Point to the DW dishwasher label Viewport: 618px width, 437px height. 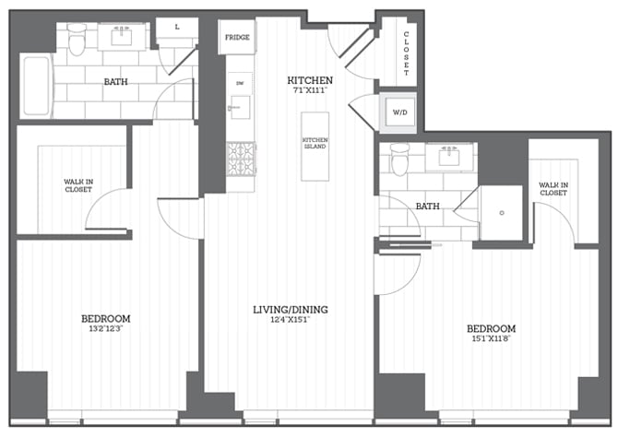coord(240,84)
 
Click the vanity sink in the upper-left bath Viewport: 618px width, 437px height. coord(122,37)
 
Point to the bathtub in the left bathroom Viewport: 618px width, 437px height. coord(35,86)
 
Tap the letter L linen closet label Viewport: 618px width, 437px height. coord(177,28)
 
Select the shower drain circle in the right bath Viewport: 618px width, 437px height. coord(501,213)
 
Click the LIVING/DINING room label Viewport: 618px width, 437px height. coord(291,309)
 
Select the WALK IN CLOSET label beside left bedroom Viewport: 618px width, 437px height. coord(77,185)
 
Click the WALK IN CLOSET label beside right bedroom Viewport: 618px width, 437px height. coord(553,189)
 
